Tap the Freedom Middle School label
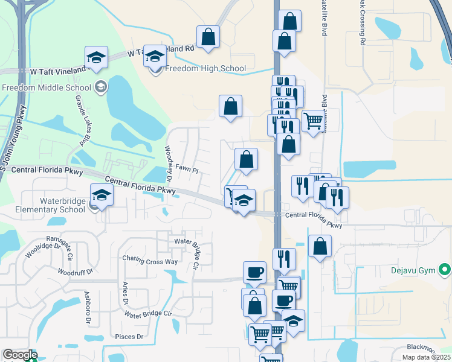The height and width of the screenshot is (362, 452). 47,87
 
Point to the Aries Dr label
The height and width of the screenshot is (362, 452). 126,293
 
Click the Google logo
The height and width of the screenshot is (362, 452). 19,355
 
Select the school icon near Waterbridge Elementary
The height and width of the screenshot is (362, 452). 102,195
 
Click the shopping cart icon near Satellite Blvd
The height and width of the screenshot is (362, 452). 312,121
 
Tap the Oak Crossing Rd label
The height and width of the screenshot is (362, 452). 363,24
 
